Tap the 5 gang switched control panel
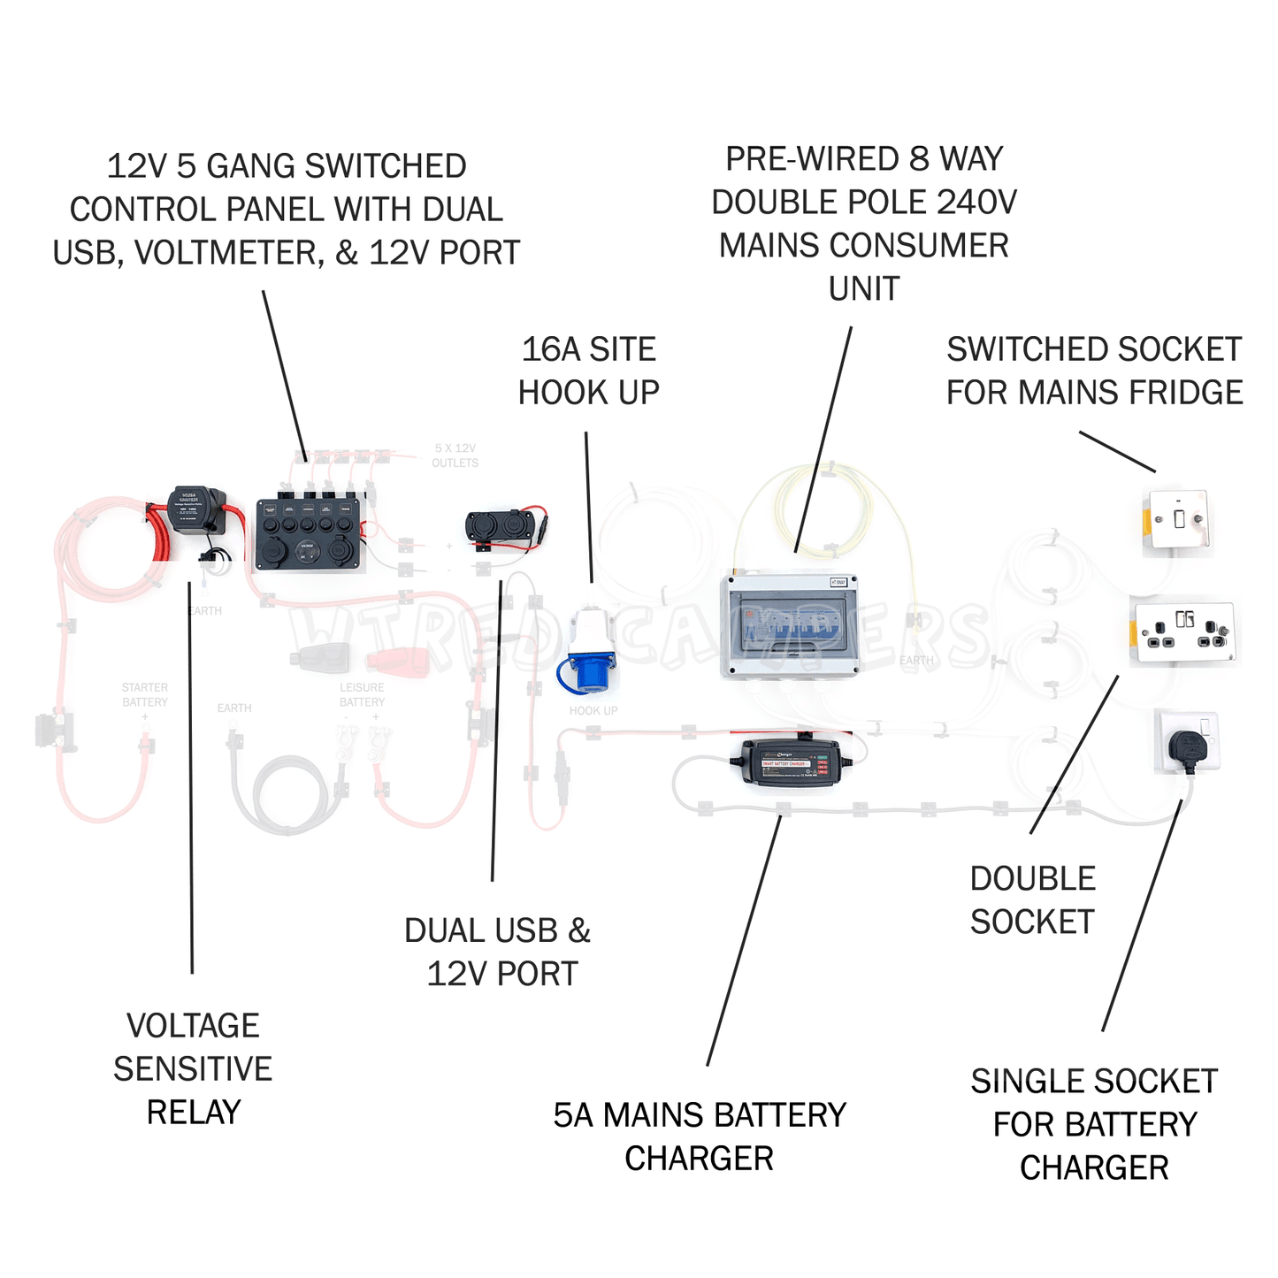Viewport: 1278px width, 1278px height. click(309, 534)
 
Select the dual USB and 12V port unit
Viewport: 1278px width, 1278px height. click(494, 525)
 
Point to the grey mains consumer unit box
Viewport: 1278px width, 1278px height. click(790, 625)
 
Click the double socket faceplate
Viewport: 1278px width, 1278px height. click(1185, 631)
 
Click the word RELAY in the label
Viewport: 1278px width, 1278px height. click(194, 1112)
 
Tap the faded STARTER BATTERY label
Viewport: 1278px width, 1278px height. click(145, 694)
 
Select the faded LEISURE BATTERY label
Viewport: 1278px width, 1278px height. click(362, 694)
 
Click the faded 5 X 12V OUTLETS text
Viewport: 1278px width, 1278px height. click(455, 455)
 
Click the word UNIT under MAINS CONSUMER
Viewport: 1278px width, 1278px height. click(864, 288)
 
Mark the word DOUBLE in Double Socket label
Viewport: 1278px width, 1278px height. click(1033, 878)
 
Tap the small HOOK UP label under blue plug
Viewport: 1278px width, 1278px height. click(593, 710)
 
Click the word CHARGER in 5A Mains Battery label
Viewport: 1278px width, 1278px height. click(699, 1158)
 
